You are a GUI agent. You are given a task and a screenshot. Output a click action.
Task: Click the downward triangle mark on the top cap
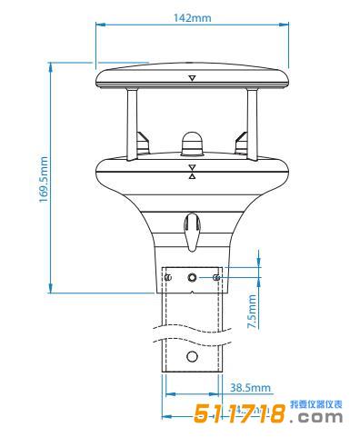pos(192,79)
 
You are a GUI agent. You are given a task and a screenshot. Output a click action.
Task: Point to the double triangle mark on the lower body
pos(192,172)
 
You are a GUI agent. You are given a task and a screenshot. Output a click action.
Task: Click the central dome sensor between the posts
pos(192,143)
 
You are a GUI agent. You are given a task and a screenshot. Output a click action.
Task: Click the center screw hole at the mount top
pos(192,276)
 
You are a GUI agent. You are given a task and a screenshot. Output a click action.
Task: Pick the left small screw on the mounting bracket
pos(169,276)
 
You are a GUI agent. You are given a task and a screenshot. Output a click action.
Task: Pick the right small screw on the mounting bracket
pos(215,276)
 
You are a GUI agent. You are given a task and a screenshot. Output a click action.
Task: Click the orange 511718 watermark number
pos(240,414)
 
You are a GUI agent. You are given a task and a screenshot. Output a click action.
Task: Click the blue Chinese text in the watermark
pos(315,402)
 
